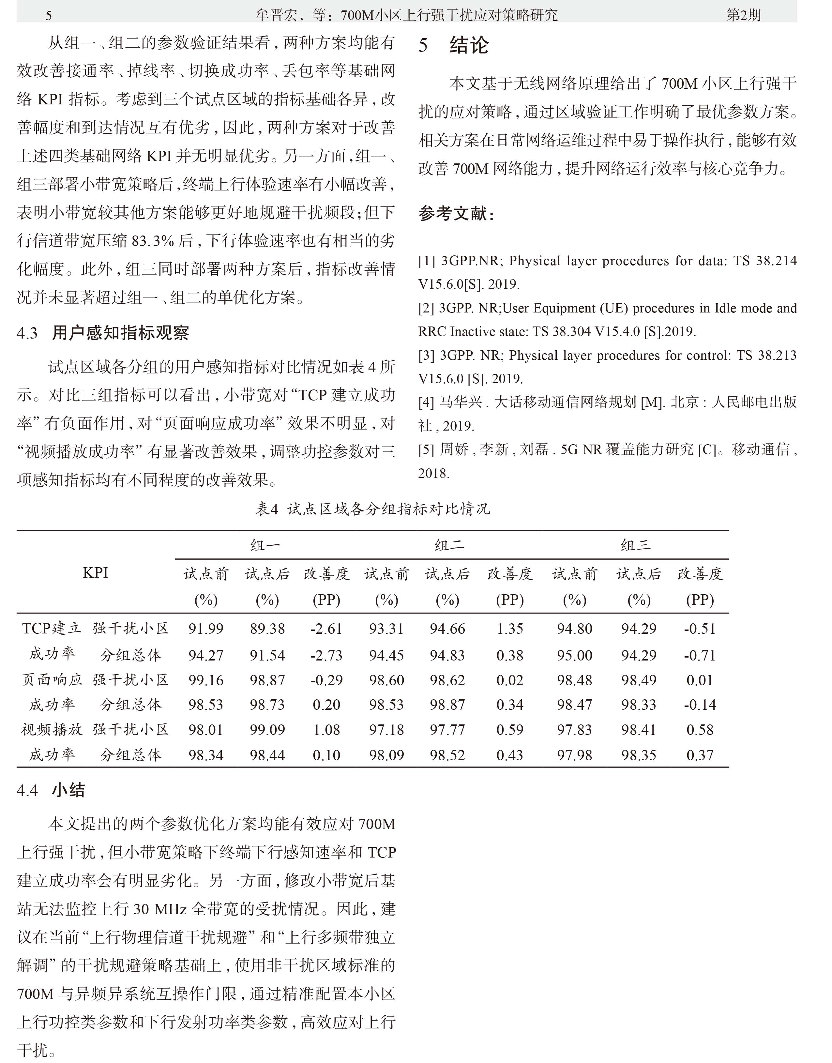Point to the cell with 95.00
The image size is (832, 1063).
click(x=574, y=655)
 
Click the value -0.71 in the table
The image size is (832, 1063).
click(x=700, y=655)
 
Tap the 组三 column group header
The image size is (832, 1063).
click(x=636, y=545)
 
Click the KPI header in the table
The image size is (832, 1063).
click(x=96, y=572)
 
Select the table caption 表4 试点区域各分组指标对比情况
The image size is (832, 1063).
click(x=373, y=509)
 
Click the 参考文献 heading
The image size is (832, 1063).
click(x=456, y=213)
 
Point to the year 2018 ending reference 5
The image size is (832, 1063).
click(x=433, y=473)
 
